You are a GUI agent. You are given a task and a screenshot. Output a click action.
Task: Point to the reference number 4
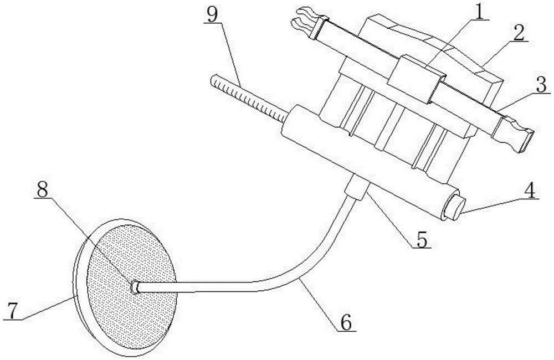coord(529,191)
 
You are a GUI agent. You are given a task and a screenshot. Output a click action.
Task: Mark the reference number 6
coord(347,322)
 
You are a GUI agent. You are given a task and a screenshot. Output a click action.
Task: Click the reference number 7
coord(12,311)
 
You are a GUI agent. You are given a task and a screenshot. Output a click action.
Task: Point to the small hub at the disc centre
coord(135,287)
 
